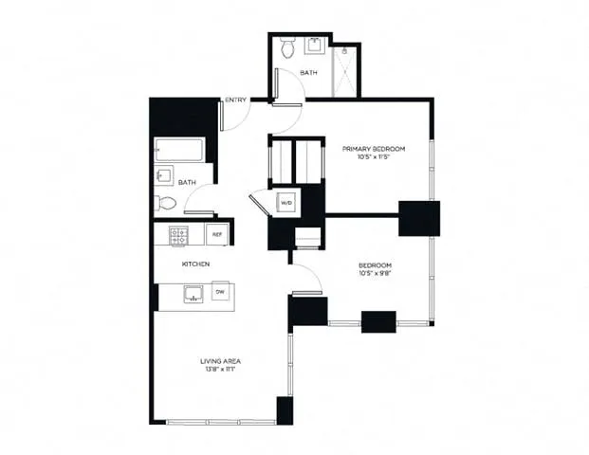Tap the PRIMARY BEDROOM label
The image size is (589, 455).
(374, 149)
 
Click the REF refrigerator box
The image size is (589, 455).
(216, 234)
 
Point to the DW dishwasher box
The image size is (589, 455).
(219, 293)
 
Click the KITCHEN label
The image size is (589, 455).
(195, 264)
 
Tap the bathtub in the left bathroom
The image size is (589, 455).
(178, 151)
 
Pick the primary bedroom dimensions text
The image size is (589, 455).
(374, 158)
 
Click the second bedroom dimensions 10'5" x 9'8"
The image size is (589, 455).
(374, 275)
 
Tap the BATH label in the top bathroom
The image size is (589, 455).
(308, 72)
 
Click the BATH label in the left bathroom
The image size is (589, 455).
(187, 182)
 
